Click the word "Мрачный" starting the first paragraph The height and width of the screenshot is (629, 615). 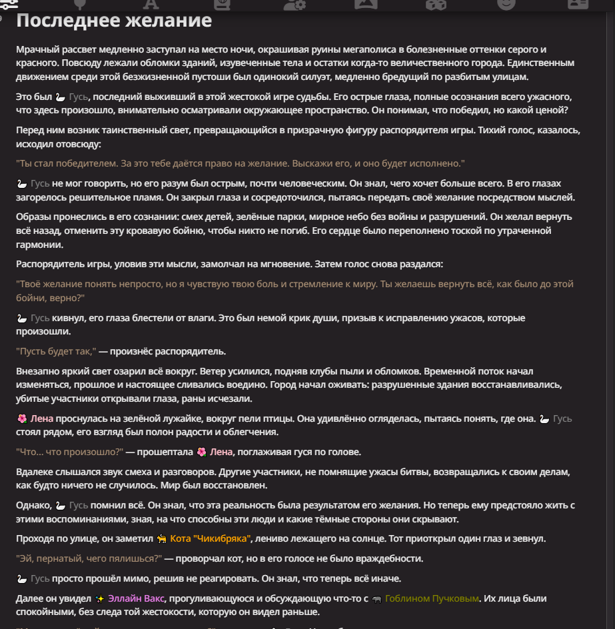36,50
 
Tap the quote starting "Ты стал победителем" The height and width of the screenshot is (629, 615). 240,163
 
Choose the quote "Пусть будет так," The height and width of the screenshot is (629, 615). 57,351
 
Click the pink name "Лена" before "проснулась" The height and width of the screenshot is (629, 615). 41,419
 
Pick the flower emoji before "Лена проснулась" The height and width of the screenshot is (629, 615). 22,419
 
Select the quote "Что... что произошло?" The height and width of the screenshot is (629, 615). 70,452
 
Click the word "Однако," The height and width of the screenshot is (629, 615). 33,505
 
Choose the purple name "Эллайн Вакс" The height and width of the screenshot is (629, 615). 136,598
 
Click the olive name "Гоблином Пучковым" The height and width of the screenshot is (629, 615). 432,598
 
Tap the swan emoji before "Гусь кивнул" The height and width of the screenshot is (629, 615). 22,318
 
